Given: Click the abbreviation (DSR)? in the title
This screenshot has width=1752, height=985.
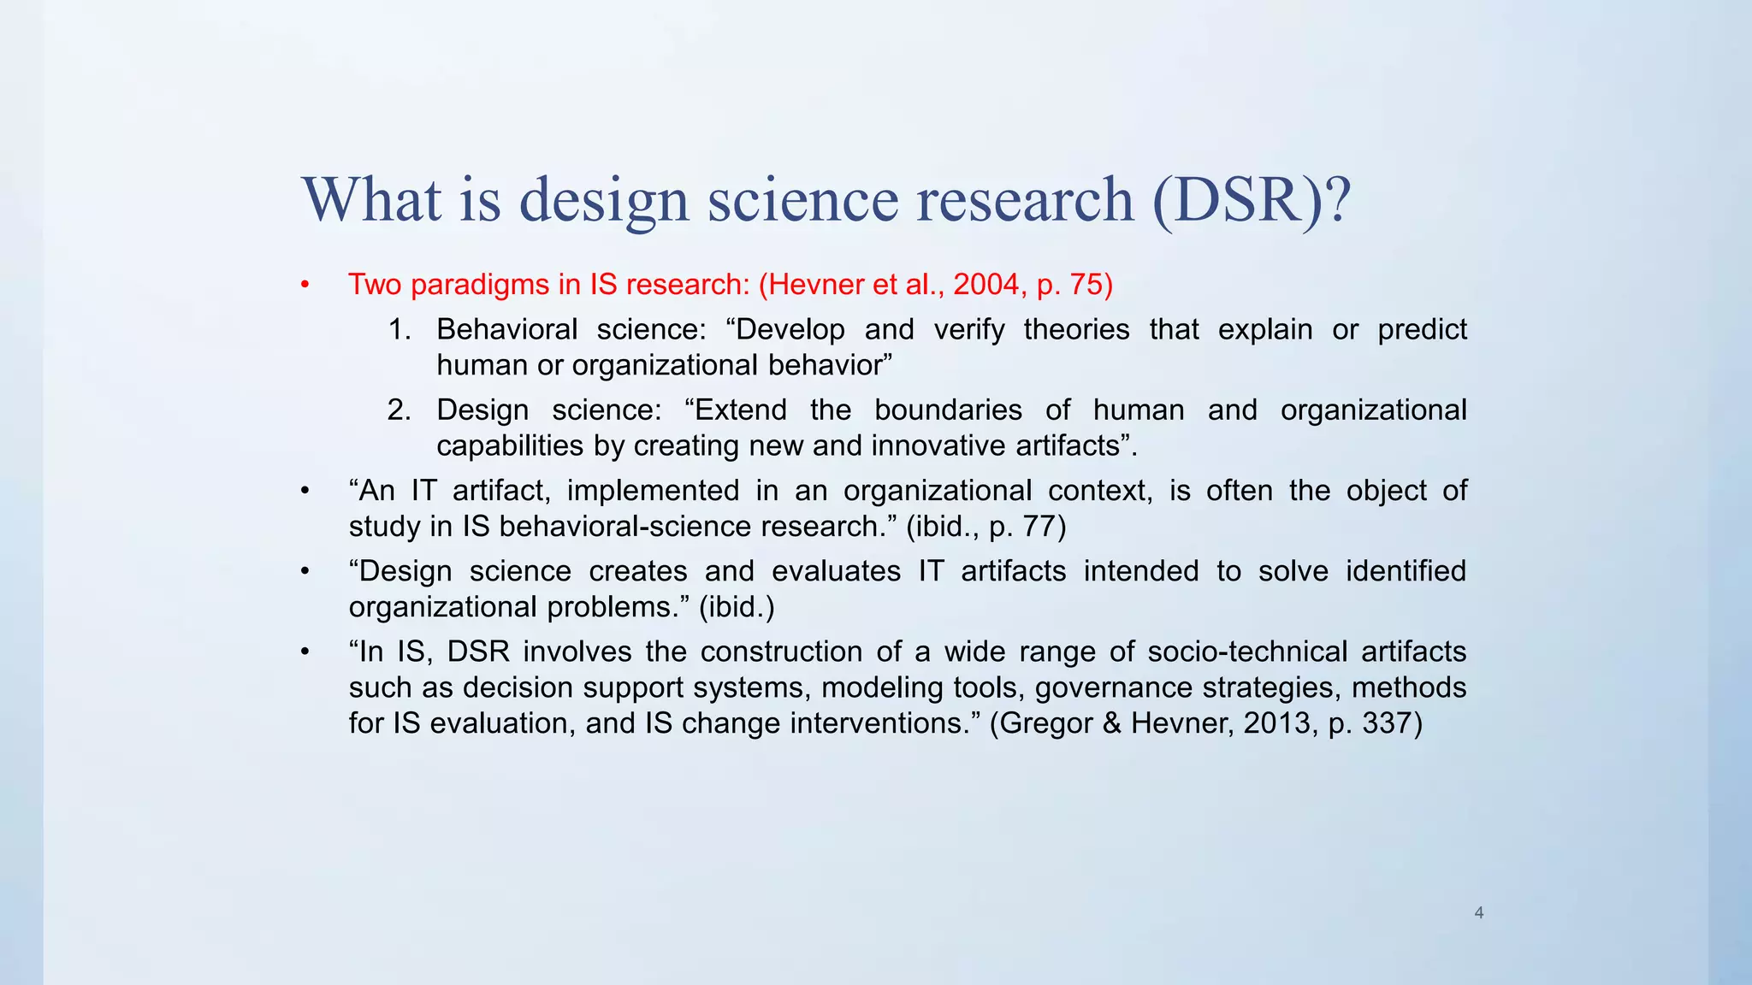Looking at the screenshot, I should [1252, 199].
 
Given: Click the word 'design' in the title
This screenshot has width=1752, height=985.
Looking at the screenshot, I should [604, 199].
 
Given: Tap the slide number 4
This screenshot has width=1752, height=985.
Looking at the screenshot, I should [1479, 912].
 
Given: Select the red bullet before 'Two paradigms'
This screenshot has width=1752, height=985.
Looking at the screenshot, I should [305, 285].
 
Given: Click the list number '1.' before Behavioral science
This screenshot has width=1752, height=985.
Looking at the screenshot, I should [400, 329].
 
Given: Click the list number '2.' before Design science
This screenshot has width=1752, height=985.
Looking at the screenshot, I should [399, 410].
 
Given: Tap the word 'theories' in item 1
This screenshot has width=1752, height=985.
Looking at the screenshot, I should [1076, 329].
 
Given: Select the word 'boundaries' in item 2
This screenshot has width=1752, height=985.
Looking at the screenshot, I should [948, 410].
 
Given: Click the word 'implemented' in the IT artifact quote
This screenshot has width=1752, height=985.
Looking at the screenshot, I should [653, 490].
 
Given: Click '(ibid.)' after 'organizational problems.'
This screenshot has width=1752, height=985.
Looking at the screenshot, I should [737, 607].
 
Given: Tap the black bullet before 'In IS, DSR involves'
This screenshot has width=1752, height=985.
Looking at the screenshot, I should [305, 652].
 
